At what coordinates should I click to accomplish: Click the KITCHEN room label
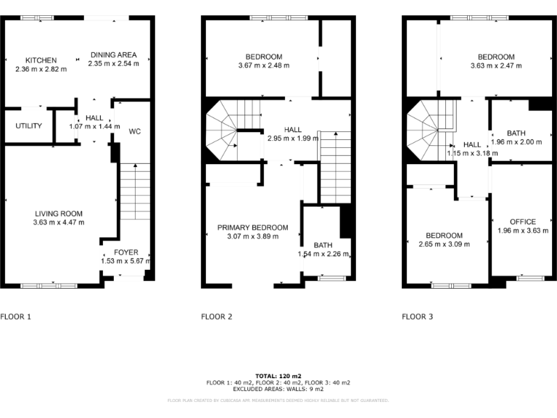tap(41, 60)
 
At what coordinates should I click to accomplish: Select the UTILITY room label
tap(28, 126)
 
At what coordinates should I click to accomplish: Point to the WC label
tap(135, 132)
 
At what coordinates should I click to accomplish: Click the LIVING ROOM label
tap(58, 213)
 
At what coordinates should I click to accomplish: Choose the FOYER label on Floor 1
tap(125, 252)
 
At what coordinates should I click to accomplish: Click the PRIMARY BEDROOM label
tap(252, 227)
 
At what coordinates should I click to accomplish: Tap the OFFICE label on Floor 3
tap(522, 221)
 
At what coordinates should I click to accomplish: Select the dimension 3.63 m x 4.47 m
tap(58, 222)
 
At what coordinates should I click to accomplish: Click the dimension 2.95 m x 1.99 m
tap(292, 138)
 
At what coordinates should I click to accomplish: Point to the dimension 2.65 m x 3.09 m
tap(444, 245)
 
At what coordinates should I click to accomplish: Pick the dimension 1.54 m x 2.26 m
tap(323, 254)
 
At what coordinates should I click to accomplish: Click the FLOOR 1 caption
tap(16, 316)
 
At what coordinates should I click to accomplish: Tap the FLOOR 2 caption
tap(216, 316)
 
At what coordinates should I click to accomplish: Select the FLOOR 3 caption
tap(418, 316)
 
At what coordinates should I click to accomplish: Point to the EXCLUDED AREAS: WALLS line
tap(278, 388)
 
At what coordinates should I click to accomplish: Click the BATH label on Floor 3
tap(516, 133)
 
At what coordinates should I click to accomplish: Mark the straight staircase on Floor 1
tap(133, 192)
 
